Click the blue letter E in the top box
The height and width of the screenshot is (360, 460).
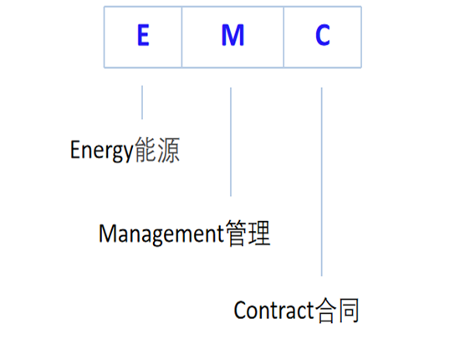[x=143, y=37]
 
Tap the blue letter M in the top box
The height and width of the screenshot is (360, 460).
[x=233, y=37]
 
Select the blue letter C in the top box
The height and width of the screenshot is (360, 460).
[x=322, y=37]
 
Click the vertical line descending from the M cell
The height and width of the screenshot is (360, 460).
[x=231, y=142]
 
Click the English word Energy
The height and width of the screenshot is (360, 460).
[x=101, y=152]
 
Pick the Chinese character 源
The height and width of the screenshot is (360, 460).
[x=168, y=151]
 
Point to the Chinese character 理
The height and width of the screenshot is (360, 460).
[x=259, y=233]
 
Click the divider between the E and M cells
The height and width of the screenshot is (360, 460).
[x=181, y=37]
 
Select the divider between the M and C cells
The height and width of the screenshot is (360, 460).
[x=284, y=37]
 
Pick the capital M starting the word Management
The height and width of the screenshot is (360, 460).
[x=106, y=233]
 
